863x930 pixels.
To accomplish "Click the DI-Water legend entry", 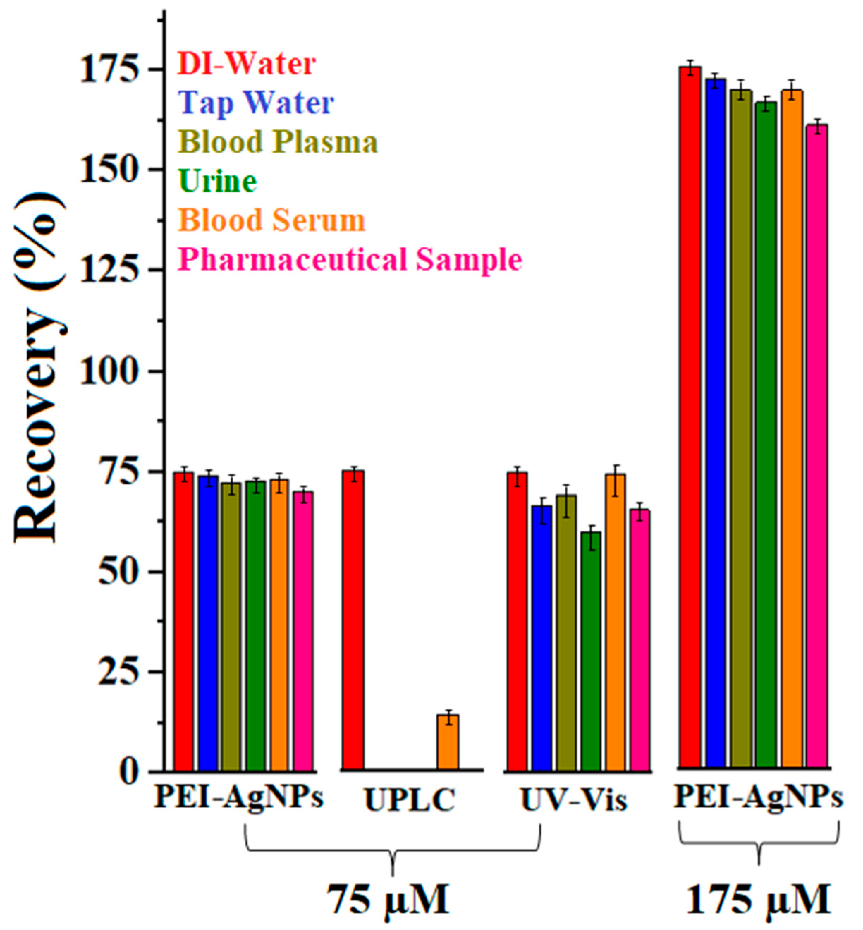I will pos(246,64).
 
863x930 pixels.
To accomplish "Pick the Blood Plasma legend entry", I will pos(278,142).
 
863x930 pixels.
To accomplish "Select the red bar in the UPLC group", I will pos(353,621).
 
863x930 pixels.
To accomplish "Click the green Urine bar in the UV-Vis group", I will pos(591,652).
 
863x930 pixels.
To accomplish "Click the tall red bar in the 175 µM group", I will pos(690,420).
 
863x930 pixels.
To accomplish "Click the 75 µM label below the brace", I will pos(387,900).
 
